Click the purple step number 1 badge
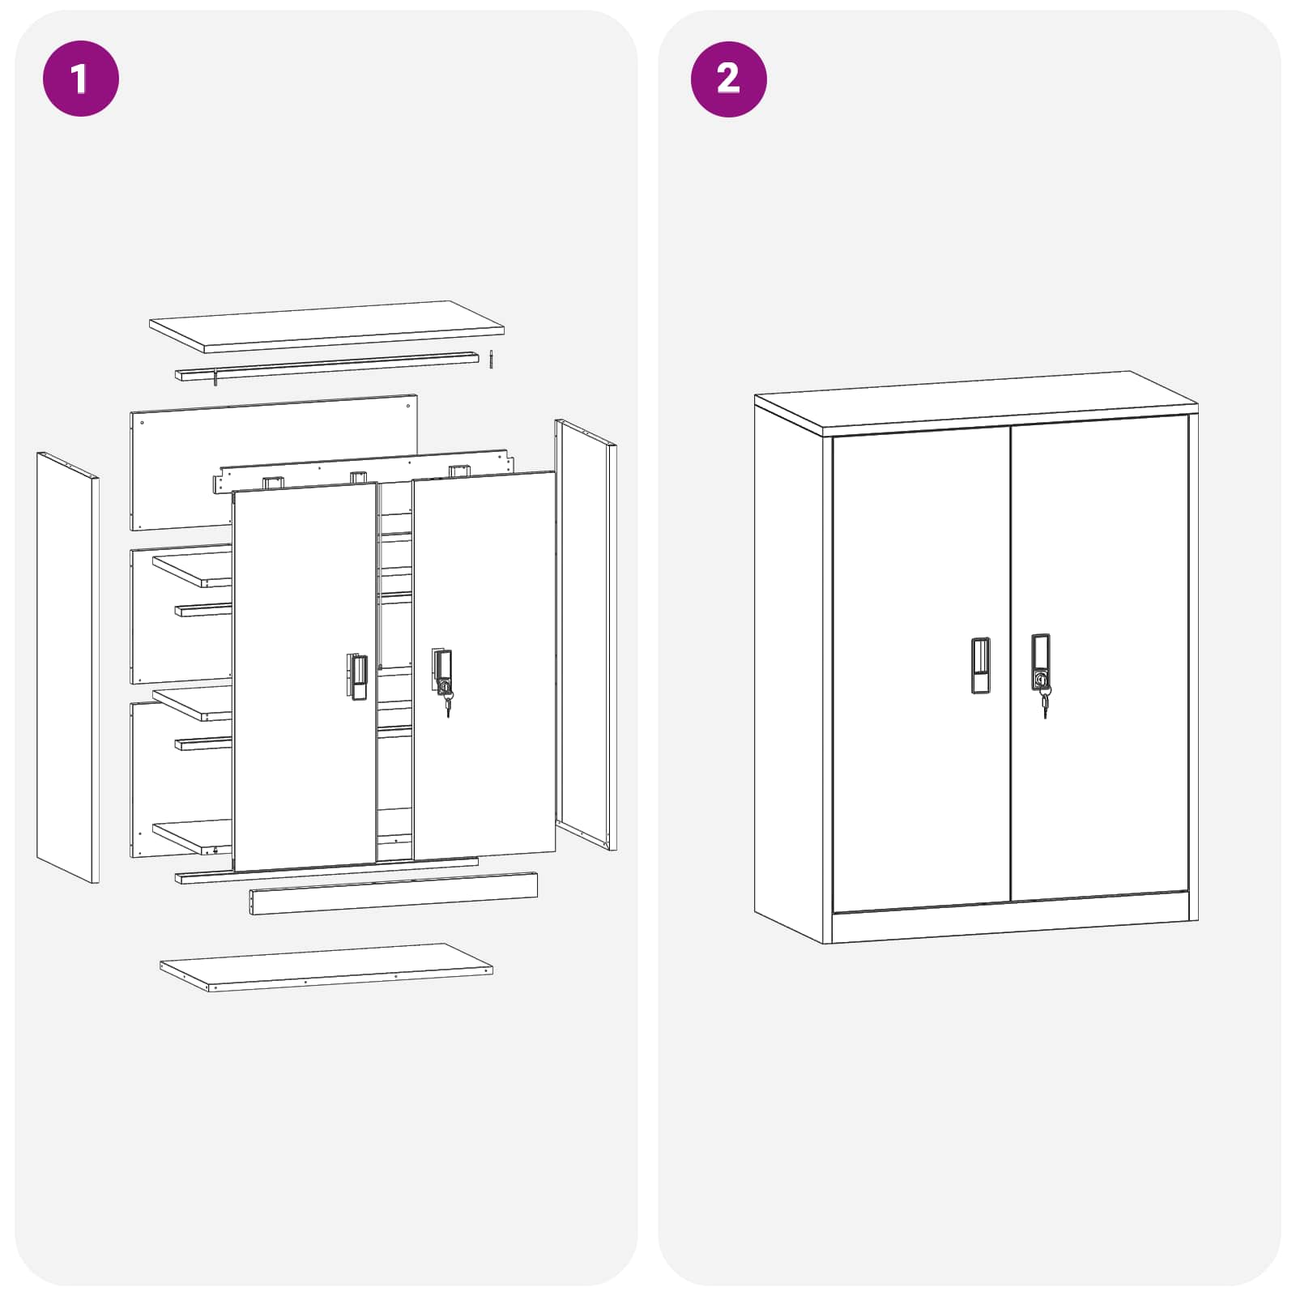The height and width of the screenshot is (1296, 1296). [x=80, y=79]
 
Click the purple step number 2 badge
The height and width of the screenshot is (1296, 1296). [x=728, y=79]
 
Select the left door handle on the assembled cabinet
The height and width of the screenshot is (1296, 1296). [x=980, y=665]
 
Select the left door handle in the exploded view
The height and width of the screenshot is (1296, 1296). [x=357, y=676]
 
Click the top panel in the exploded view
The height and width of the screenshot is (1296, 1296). [x=326, y=326]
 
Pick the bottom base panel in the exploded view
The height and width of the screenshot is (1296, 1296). [x=326, y=966]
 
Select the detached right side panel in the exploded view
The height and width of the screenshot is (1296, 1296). [x=585, y=632]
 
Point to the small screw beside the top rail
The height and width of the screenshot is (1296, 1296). [x=491, y=359]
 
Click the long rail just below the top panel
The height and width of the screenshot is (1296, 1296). [x=326, y=366]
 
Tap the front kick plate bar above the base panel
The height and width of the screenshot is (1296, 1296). [x=393, y=893]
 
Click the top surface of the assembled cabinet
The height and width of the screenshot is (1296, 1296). [x=976, y=399]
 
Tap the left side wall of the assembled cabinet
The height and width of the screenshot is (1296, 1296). [x=787, y=672]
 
